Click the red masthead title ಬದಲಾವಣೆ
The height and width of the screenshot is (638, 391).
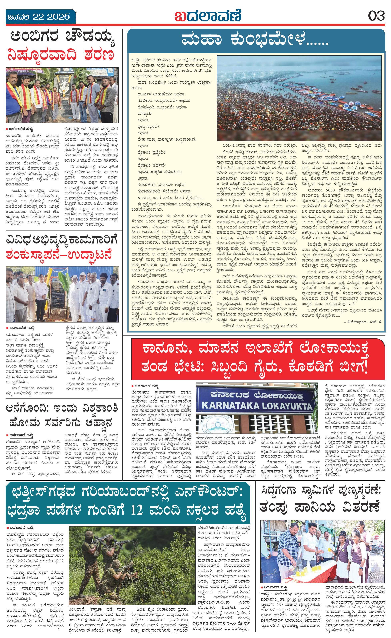coord(208,16)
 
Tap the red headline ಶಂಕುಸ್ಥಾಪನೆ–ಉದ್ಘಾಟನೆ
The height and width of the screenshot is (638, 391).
coord(59,254)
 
